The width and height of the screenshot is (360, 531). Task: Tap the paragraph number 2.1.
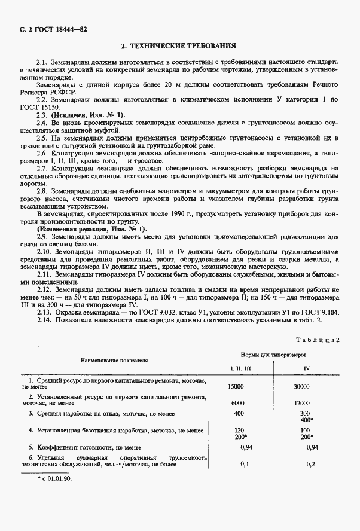pos(41,62)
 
